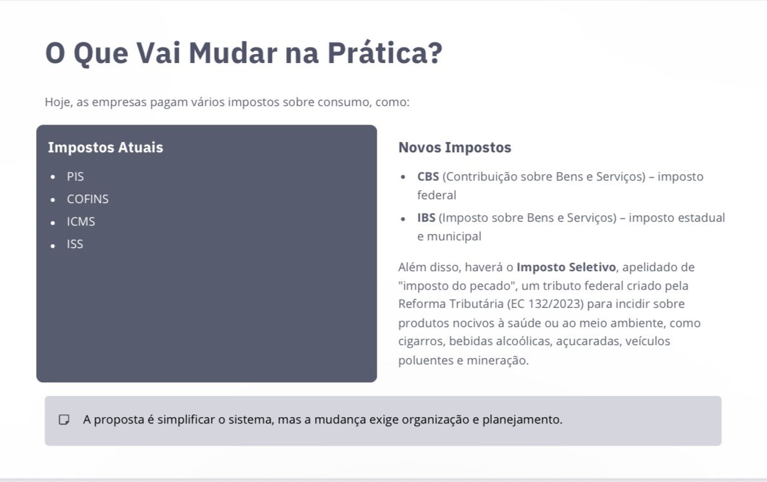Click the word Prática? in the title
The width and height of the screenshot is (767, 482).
tap(384, 53)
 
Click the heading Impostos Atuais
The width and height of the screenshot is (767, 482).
tap(105, 147)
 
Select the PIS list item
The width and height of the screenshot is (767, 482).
tap(75, 177)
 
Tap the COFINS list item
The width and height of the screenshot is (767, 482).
tap(87, 199)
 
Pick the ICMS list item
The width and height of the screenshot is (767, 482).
tap(81, 222)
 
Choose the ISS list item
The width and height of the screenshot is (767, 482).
tap(75, 244)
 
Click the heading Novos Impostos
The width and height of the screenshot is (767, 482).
tap(455, 147)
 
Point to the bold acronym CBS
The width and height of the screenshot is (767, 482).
tap(428, 177)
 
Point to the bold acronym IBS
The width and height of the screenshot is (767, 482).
tap(426, 217)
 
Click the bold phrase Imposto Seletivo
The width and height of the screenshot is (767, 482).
tap(566, 267)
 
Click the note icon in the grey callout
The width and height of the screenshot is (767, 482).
tap(64, 420)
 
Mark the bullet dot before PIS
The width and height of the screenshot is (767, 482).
tap(53, 177)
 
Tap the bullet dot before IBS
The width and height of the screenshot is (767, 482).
tap(403, 219)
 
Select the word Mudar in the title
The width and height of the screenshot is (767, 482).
tap(233, 53)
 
